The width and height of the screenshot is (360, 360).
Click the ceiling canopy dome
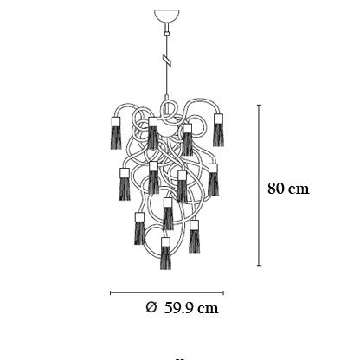pos(167,16)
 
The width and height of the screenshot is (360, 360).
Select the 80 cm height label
pos(288,189)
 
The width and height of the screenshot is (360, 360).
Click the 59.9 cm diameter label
pos(191,308)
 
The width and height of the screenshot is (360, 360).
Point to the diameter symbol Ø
pos(151,307)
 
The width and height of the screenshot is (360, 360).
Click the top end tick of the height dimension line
pos(260,106)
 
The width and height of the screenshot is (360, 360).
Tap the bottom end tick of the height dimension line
pos(260,265)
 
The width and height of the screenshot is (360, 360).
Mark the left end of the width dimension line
pos(111,293)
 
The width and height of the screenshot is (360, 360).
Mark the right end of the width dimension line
pos(223,293)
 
